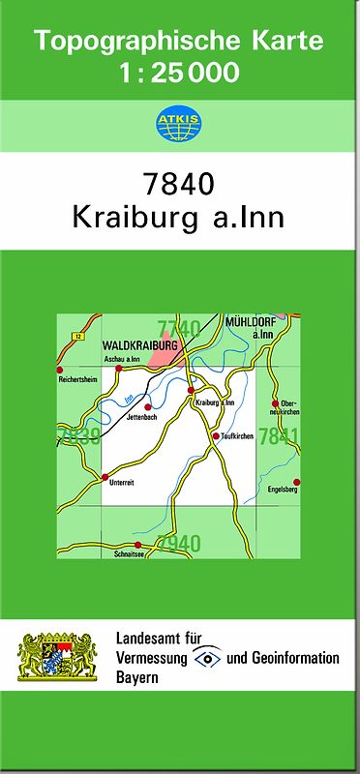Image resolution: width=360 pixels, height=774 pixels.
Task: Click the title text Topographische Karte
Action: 179,42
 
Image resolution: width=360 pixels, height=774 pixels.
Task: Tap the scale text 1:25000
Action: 179,72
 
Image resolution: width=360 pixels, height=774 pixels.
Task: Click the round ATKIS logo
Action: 179,122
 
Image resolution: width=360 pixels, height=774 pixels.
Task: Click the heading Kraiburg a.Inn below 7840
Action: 179,217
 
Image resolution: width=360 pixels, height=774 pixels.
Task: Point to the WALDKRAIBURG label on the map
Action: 139,344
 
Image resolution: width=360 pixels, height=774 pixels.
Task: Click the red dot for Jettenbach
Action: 147,407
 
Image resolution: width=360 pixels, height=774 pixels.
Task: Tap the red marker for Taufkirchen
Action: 216,436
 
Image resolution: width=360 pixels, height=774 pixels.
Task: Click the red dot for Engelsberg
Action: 298,482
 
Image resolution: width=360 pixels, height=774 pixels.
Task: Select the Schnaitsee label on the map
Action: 129,555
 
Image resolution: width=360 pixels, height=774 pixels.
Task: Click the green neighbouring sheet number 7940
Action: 179,543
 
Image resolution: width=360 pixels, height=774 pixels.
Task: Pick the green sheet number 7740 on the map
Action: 179,327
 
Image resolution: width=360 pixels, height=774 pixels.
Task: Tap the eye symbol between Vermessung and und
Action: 207,657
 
